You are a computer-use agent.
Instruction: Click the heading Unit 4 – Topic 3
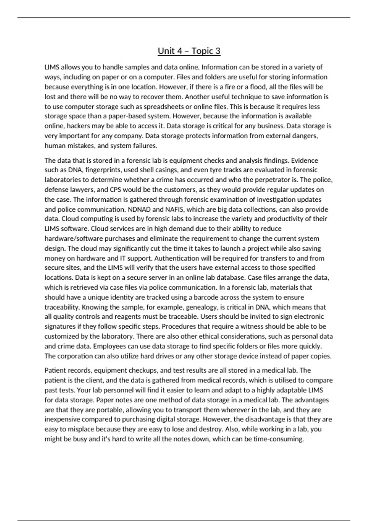pos(189,51)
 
